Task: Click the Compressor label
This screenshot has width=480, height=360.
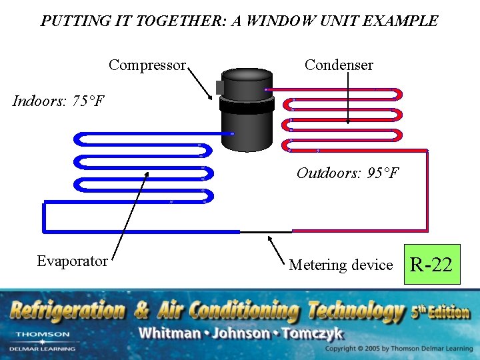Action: [147, 65]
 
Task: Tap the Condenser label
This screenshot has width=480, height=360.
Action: [339, 65]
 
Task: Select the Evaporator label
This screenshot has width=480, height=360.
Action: [72, 261]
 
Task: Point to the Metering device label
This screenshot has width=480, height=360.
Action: [341, 265]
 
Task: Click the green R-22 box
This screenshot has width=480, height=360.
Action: [431, 265]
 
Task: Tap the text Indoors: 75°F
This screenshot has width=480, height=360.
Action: [59, 101]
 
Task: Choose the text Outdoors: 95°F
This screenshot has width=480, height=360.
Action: [347, 173]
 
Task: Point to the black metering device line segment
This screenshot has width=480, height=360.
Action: [265, 231]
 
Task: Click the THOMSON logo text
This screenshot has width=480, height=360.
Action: [43, 334]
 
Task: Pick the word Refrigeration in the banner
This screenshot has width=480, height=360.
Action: [67, 310]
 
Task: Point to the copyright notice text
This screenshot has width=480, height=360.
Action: [399, 349]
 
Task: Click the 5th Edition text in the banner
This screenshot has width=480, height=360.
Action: [440, 311]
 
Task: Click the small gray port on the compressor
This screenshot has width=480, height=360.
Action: [220, 87]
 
